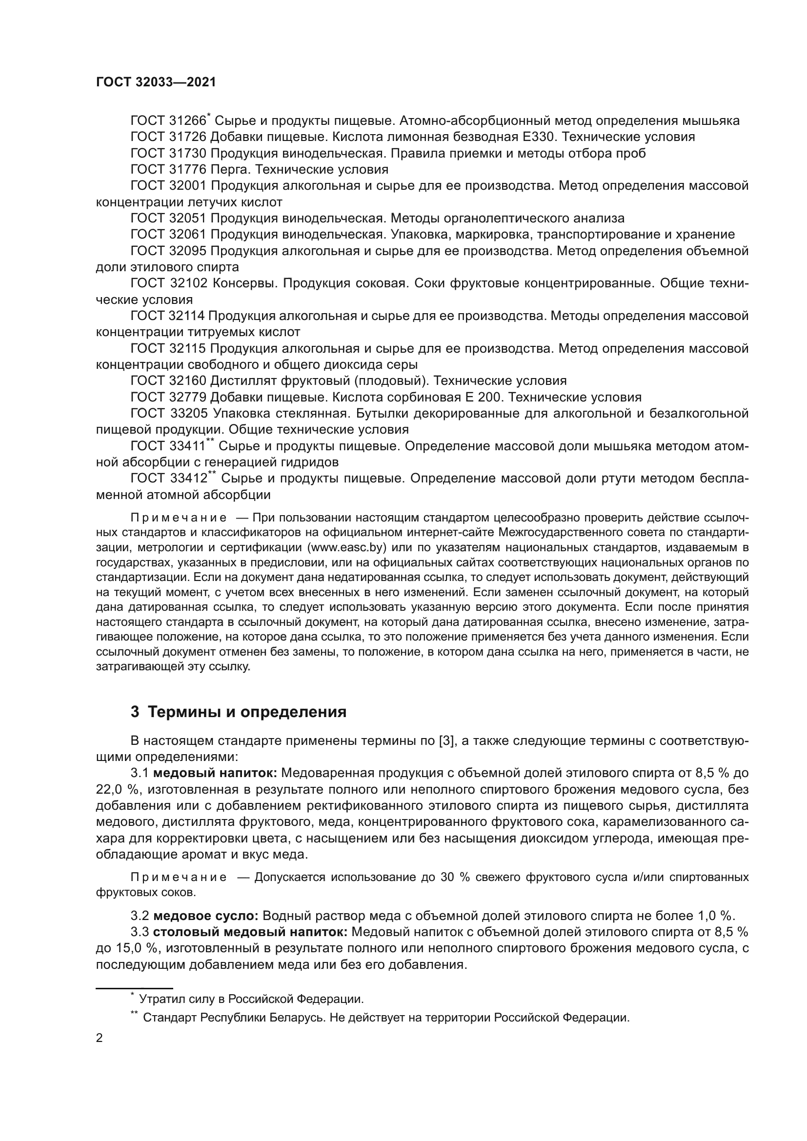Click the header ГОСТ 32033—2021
click(x=156, y=82)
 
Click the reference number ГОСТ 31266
click(x=168, y=121)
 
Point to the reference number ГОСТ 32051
click(x=168, y=218)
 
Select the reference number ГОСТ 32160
click(x=168, y=380)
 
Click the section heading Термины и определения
click(x=247, y=712)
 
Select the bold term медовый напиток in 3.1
click(x=215, y=773)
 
